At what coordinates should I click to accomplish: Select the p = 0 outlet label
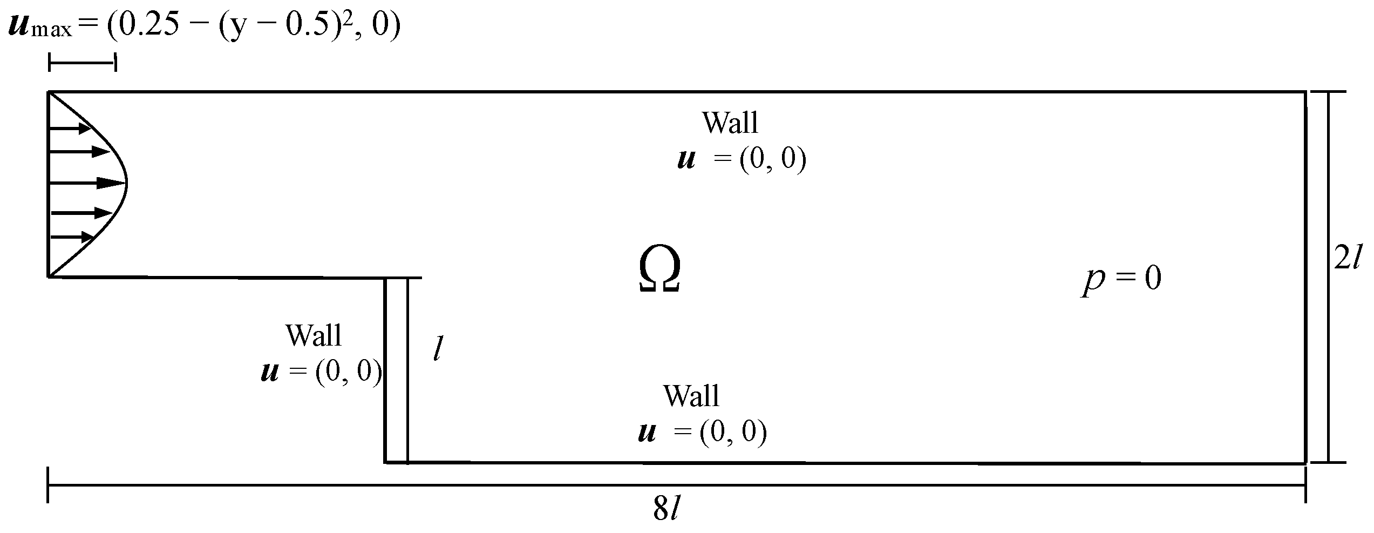tap(1121, 279)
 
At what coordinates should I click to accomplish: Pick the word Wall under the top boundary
tap(730, 123)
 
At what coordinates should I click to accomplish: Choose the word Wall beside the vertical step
tap(314, 335)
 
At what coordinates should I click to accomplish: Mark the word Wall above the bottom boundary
tap(691, 396)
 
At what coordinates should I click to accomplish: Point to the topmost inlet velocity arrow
tap(70, 129)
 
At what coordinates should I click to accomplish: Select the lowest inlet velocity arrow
tap(72, 237)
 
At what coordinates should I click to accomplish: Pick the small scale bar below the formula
tap(82, 63)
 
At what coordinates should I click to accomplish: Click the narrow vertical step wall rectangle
tap(396, 370)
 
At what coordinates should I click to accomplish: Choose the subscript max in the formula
tap(51, 30)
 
